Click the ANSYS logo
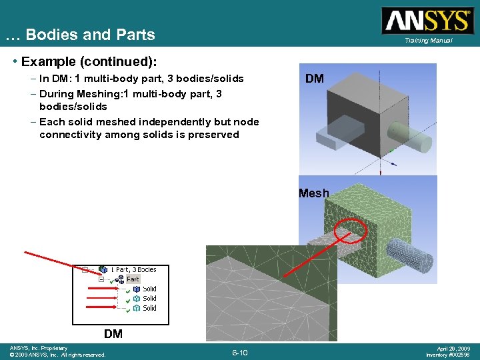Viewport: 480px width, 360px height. point(426,20)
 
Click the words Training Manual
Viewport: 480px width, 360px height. point(427,41)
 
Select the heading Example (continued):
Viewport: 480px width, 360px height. point(89,62)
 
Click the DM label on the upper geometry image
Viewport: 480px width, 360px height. point(315,79)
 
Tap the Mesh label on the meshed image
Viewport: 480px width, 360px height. point(314,193)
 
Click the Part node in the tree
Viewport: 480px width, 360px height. point(133,279)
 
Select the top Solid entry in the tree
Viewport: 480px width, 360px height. point(149,289)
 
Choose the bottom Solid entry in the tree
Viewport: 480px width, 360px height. point(149,308)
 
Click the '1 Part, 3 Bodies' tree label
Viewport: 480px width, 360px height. point(134,269)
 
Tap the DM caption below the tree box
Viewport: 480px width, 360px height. point(113,333)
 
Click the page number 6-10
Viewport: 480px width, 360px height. point(240,352)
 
